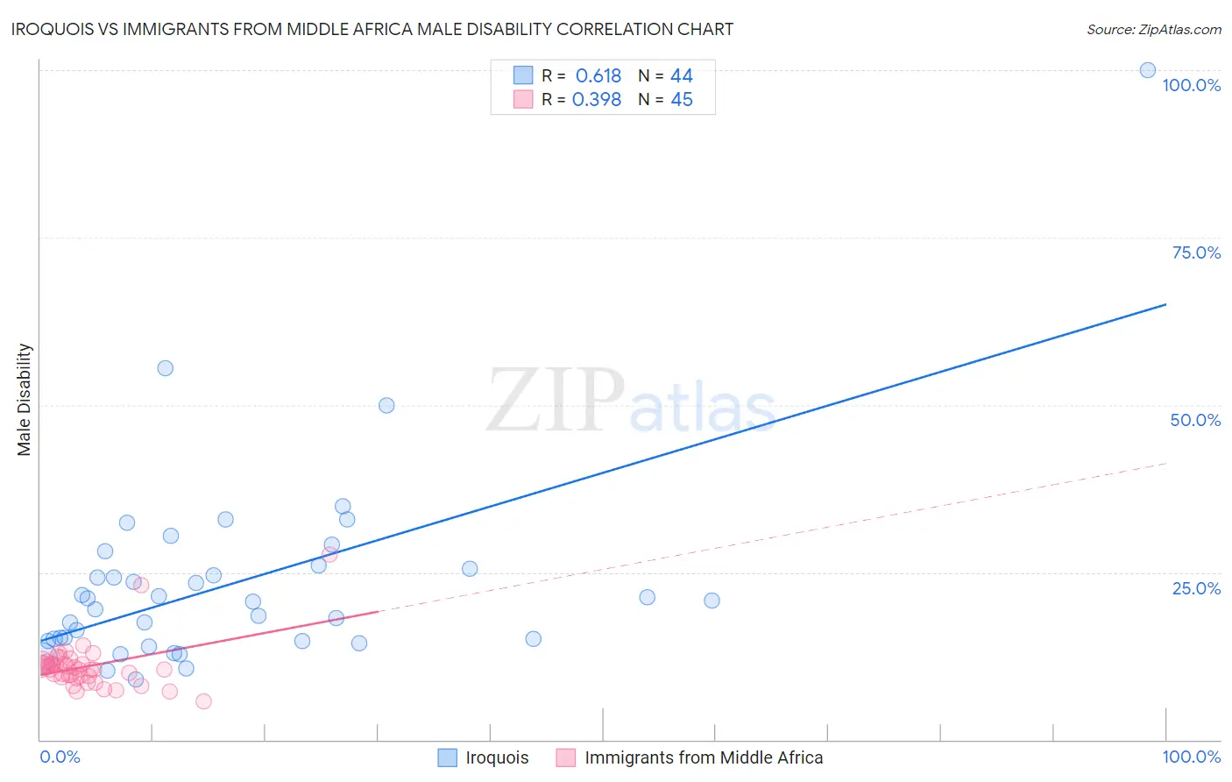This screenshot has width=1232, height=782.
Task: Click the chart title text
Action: (372, 29)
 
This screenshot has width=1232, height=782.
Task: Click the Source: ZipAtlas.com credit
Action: (1153, 29)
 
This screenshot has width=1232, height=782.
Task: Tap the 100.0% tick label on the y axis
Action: (1191, 85)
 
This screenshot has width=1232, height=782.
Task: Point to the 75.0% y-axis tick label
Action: (1196, 252)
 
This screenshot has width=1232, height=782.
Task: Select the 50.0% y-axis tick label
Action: (1195, 420)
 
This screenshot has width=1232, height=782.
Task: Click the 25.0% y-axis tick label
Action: (1196, 588)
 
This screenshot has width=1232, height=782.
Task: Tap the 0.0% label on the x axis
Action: (60, 757)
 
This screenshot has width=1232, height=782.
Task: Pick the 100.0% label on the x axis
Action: (1191, 757)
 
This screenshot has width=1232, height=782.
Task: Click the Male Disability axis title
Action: (25, 399)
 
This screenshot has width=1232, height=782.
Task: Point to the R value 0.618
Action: (598, 76)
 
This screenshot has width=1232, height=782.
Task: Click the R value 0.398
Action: (597, 100)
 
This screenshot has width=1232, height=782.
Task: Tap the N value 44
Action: (681, 76)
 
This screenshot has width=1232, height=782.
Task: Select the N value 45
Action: (681, 100)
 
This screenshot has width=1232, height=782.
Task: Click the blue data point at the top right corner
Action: (1147, 70)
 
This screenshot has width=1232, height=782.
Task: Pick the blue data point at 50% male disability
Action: (386, 405)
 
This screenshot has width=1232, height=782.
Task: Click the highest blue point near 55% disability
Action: (165, 368)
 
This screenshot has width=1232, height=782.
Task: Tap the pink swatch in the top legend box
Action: (523, 99)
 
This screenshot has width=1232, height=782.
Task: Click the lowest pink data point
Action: (203, 700)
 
